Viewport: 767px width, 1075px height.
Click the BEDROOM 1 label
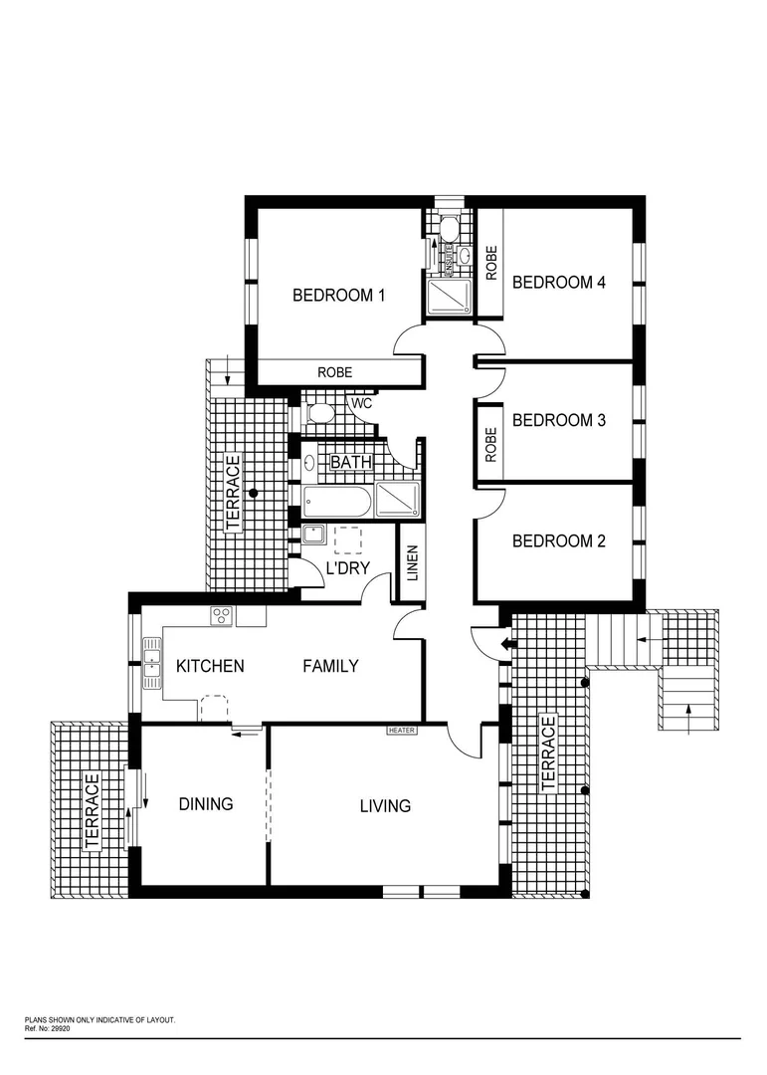point(338,295)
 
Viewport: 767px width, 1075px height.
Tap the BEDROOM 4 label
point(558,282)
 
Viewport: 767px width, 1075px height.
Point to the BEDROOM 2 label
point(558,541)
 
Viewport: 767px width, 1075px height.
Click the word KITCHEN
point(210,666)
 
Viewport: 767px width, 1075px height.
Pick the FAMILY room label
point(330,666)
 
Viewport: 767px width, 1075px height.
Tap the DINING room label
point(205,803)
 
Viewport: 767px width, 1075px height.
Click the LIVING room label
point(385,805)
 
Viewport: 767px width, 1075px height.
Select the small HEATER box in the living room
point(402,730)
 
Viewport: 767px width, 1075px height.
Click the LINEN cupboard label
point(412,563)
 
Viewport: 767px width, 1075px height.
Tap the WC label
point(360,403)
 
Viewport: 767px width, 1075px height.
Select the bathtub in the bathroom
point(336,502)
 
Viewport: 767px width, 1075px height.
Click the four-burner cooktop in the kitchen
point(222,616)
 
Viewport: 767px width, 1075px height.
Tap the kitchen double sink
point(152,664)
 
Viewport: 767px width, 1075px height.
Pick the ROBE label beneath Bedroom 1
point(334,372)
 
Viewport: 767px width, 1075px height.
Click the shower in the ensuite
point(449,296)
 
